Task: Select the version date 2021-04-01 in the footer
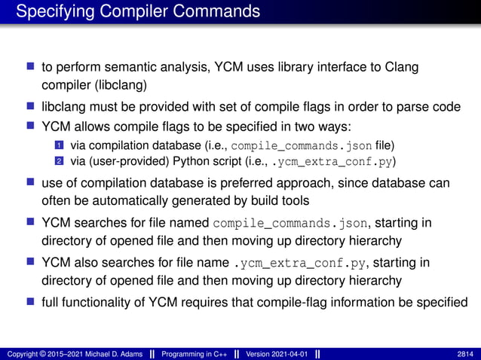point(286,353)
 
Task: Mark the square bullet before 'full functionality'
point(32,303)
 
